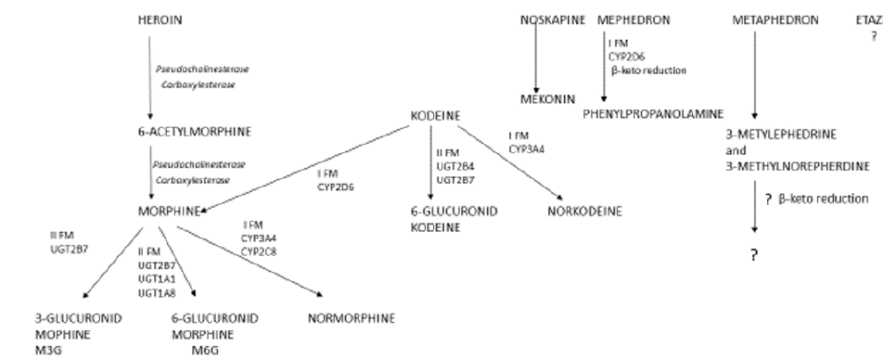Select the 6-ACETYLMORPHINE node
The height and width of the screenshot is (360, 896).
(182, 132)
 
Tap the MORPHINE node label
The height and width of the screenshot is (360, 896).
(168, 211)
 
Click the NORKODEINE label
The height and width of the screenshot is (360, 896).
(584, 211)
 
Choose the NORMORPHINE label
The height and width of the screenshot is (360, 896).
(350, 318)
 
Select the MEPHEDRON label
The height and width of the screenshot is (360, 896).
(634, 19)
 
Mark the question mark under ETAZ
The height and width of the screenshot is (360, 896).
(873, 36)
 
